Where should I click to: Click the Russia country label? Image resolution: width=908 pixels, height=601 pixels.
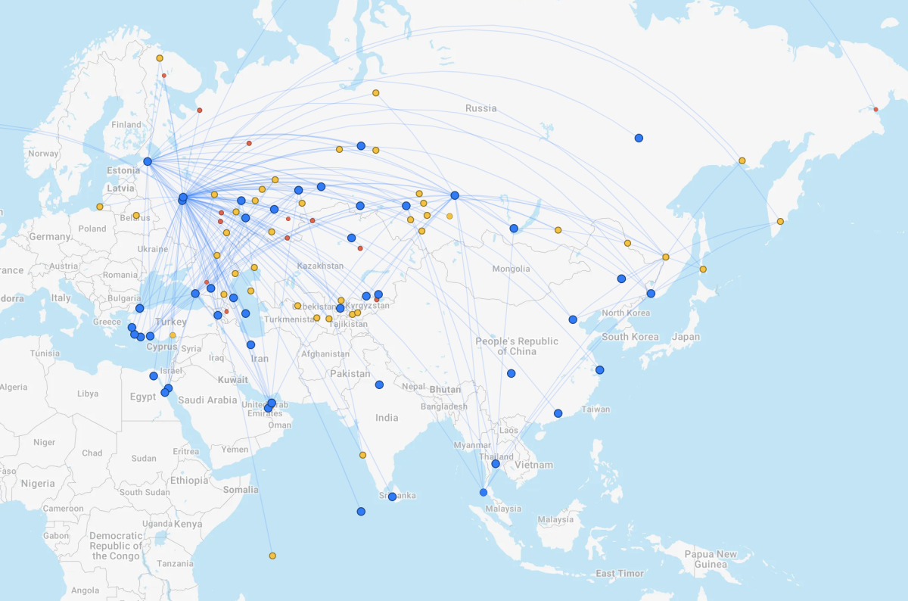(x=481, y=108)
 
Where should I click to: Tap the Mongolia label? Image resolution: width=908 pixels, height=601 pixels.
(x=511, y=269)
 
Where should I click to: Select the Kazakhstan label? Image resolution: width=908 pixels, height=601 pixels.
(x=320, y=266)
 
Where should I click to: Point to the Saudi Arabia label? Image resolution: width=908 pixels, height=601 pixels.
(x=207, y=400)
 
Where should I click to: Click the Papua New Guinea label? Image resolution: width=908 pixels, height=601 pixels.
(x=711, y=559)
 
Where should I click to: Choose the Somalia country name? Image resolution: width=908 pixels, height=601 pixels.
(x=241, y=490)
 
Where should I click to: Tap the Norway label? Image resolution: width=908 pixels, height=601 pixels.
(x=43, y=154)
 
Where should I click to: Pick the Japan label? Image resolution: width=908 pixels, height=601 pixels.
(x=686, y=337)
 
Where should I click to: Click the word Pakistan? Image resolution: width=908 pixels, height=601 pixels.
(x=350, y=374)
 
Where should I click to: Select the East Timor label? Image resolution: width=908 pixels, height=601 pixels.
(x=620, y=574)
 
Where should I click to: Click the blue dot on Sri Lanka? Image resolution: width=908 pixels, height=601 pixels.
(x=392, y=497)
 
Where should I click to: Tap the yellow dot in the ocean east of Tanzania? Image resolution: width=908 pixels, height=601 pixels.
(x=272, y=556)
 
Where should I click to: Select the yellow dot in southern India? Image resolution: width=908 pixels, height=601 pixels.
(x=362, y=455)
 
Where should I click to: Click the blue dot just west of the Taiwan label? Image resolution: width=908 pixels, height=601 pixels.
(x=558, y=413)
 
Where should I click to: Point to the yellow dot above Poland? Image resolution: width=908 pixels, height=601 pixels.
(x=99, y=207)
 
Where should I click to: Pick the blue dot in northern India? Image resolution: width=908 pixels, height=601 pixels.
(x=379, y=385)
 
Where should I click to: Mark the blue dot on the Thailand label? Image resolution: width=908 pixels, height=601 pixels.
(x=496, y=463)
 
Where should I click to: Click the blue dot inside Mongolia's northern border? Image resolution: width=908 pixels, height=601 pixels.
(x=514, y=228)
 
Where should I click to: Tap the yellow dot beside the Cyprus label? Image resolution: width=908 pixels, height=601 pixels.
(x=173, y=335)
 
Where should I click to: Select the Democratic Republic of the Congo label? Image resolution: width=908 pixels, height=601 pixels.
(x=116, y=546)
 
